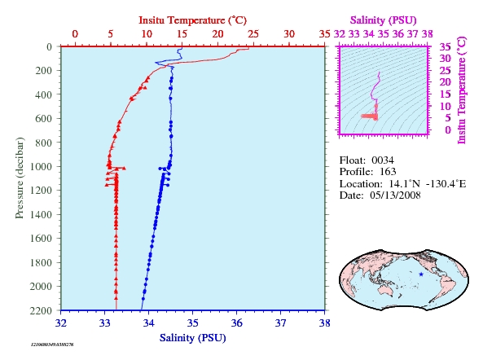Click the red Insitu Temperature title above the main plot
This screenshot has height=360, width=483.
[x=192, y=20]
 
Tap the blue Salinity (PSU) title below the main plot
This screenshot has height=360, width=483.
[x=192, y=338]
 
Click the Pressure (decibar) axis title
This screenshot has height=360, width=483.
[x=20, y=178]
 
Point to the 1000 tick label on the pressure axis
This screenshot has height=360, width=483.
[x=41, y=167]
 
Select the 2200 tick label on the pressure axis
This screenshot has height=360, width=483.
[x=41, y=310]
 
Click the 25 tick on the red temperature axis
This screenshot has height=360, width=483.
[x=253, y=33]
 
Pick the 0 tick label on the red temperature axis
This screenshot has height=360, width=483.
[x=75, y=33]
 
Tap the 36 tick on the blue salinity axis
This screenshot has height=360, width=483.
[x=236, y=323]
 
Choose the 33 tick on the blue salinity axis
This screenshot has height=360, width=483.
[x=105, y=323]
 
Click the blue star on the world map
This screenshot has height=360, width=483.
[x=421, y=274]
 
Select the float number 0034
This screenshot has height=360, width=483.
[x=383, y=160]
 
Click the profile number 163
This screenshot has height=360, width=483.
[x=388, y=172]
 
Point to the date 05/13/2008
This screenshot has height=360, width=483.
[x=395, y=195]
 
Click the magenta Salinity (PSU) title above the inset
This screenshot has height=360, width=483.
[x=383, y=20]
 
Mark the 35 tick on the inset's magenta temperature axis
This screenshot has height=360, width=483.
[x=445, y=46]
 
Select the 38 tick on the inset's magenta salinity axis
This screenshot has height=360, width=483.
[x=428, y=33]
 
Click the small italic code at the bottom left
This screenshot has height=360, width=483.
[x=52, y=345]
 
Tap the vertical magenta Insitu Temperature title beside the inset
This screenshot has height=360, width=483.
[x=462, y=90]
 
